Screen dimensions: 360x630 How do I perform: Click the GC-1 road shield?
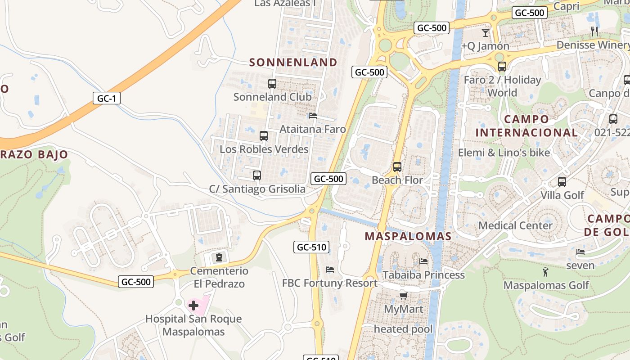click(x=107, y=98)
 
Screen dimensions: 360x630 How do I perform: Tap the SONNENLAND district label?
click(x=293, y=63)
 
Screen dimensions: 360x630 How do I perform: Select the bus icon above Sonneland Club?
click(x=272, y=83)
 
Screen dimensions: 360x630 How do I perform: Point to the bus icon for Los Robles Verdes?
click(x=264, y=135)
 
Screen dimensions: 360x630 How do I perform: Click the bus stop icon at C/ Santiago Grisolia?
click(x=257, y=175)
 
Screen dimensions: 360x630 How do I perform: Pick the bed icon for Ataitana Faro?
click(x=313, y=116)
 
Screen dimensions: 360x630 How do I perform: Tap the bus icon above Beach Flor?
click(x=397, y=167)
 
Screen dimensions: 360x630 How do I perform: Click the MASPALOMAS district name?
click(x=408, y=236)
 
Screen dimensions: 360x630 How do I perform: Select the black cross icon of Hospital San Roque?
click(x=193, y=306)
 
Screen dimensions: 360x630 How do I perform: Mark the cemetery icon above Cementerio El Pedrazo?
click(x=219, y=257)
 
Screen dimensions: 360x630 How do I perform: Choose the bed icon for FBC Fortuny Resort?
click(x=330, y=270)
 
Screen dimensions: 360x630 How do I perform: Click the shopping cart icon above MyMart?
click(x=403, y=296)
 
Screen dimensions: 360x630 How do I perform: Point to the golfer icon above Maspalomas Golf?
click(x=546, y=272)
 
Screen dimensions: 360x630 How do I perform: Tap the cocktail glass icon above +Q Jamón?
click(x=485, y=32)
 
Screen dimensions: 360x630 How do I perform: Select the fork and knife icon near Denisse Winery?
click(x=595, y=31)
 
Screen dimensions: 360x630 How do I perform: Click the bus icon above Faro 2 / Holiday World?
click(x=502, y=67)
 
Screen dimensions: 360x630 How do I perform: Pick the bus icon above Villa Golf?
click(x=562, y=182)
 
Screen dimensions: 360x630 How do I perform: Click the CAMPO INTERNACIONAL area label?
click(x=526, y=126)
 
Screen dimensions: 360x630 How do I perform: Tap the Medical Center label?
click(x=515, y=225)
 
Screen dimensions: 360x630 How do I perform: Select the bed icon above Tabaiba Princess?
click(x=423, y=261)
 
